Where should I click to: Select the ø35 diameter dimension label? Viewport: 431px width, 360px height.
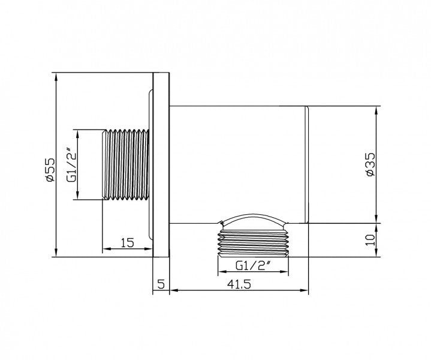(370, 164)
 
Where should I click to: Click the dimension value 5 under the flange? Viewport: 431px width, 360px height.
(161, 284)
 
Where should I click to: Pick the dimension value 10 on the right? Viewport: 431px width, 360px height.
(370, 241)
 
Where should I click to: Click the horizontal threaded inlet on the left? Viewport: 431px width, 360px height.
(127, 164)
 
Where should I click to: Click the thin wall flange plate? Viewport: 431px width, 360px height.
(162, 166)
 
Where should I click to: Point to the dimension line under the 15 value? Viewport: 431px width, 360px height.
(126, 249)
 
